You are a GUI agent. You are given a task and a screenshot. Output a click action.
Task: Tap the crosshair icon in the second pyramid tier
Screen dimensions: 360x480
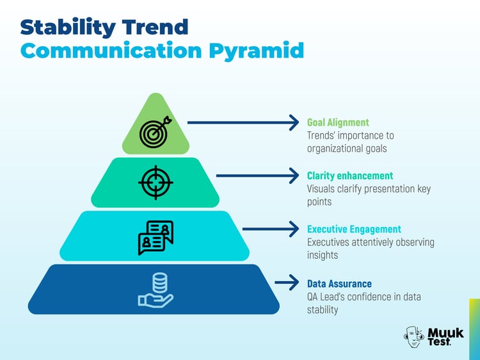pyautogui.click(x=156, y=183)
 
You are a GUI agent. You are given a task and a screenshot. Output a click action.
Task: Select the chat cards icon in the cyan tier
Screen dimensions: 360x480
pyautogui.click(x=156, y=237)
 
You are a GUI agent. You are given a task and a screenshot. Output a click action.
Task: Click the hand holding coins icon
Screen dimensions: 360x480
pyautogui.click(x=156, y=290)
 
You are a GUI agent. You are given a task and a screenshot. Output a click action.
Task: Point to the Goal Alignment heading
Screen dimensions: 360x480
pyautogui.click(x=338, y=122)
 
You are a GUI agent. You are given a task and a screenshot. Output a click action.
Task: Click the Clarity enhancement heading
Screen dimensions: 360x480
pyautogui.click(x=350, y=176)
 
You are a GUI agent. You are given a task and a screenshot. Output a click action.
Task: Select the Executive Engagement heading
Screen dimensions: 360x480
pyautogui.click(x=354, y=229)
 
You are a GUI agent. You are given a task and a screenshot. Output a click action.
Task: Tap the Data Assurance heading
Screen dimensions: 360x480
pyautogui.click(x=339, y=284)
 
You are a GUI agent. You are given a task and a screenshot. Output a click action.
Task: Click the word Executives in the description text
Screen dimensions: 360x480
pyautogui.click(x=330, y=243)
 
